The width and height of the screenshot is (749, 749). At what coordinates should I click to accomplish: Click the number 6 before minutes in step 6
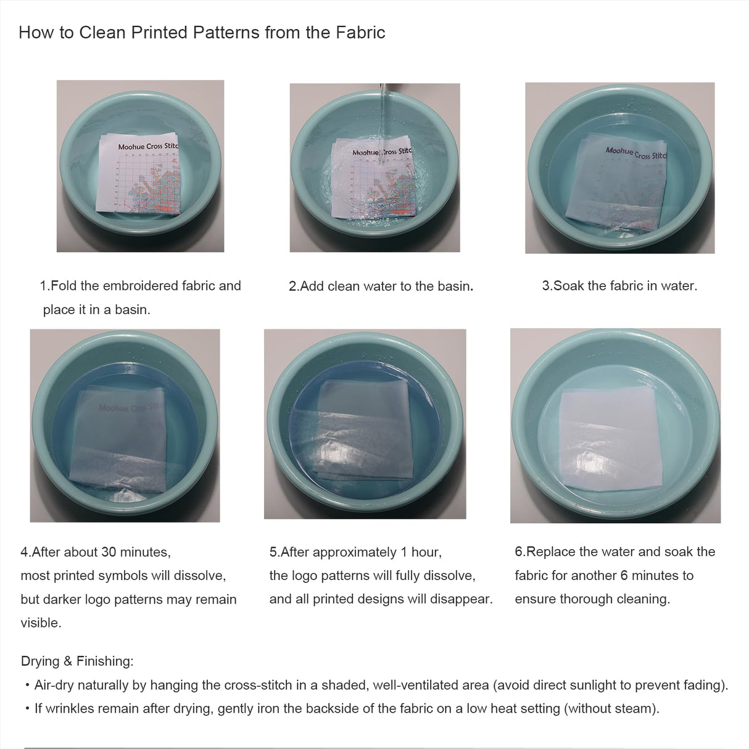pyautogui.click(x=624, y=575)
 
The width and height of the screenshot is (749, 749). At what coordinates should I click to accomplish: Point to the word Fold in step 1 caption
pyautogui.click(x=64, y=286)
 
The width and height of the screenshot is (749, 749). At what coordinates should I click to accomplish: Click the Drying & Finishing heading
pyautogui.click(x=77, y=661)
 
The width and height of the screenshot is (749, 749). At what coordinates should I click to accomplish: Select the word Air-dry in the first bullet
pyautogui.click(x=54, y=685)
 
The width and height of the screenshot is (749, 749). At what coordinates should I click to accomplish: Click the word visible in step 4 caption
pyautogui.click(x=41, y=623)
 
